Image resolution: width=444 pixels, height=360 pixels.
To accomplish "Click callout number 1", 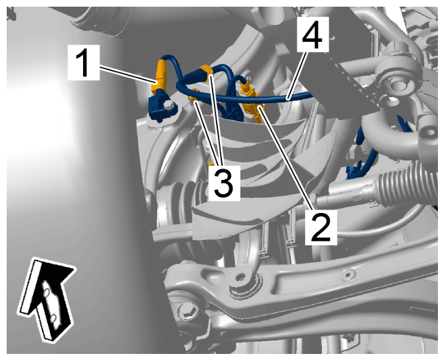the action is pyautogui.click(x=84, y=62).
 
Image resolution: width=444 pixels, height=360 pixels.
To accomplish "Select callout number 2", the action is pyautogui.click(x=321, y=228).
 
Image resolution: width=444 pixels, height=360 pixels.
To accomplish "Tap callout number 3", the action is pyautogui.click(x=224, y=183).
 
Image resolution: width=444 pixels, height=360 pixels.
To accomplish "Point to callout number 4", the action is pyautogui.click(x=312, y=34).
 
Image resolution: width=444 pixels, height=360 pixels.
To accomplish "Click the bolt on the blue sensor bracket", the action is pyautogui.click(x=169, y=105).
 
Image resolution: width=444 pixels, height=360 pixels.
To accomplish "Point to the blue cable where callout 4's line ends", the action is pyautogui.click(x=287, y=98).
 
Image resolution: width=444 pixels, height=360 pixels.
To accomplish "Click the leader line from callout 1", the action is pyautogui.click(x=128, y=75).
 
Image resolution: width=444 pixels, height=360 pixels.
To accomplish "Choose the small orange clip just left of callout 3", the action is pyautogui.click(x=211, y=164).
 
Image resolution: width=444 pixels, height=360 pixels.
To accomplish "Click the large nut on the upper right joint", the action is pyautogui.click(x=395, y=82).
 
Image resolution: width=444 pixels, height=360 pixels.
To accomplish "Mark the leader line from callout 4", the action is pyautogui.click(x=297, y=75).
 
